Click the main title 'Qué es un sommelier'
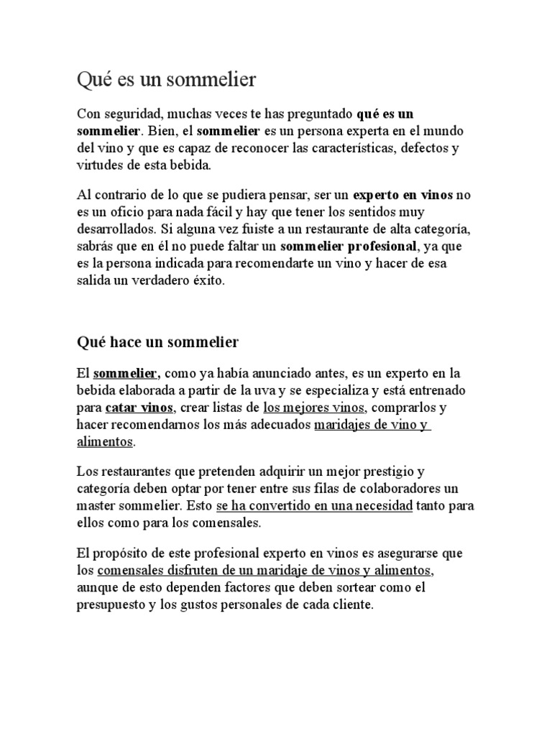166,80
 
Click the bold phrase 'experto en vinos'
397,195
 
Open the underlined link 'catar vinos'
139,408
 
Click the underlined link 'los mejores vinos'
315,408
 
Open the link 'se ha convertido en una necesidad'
313,506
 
